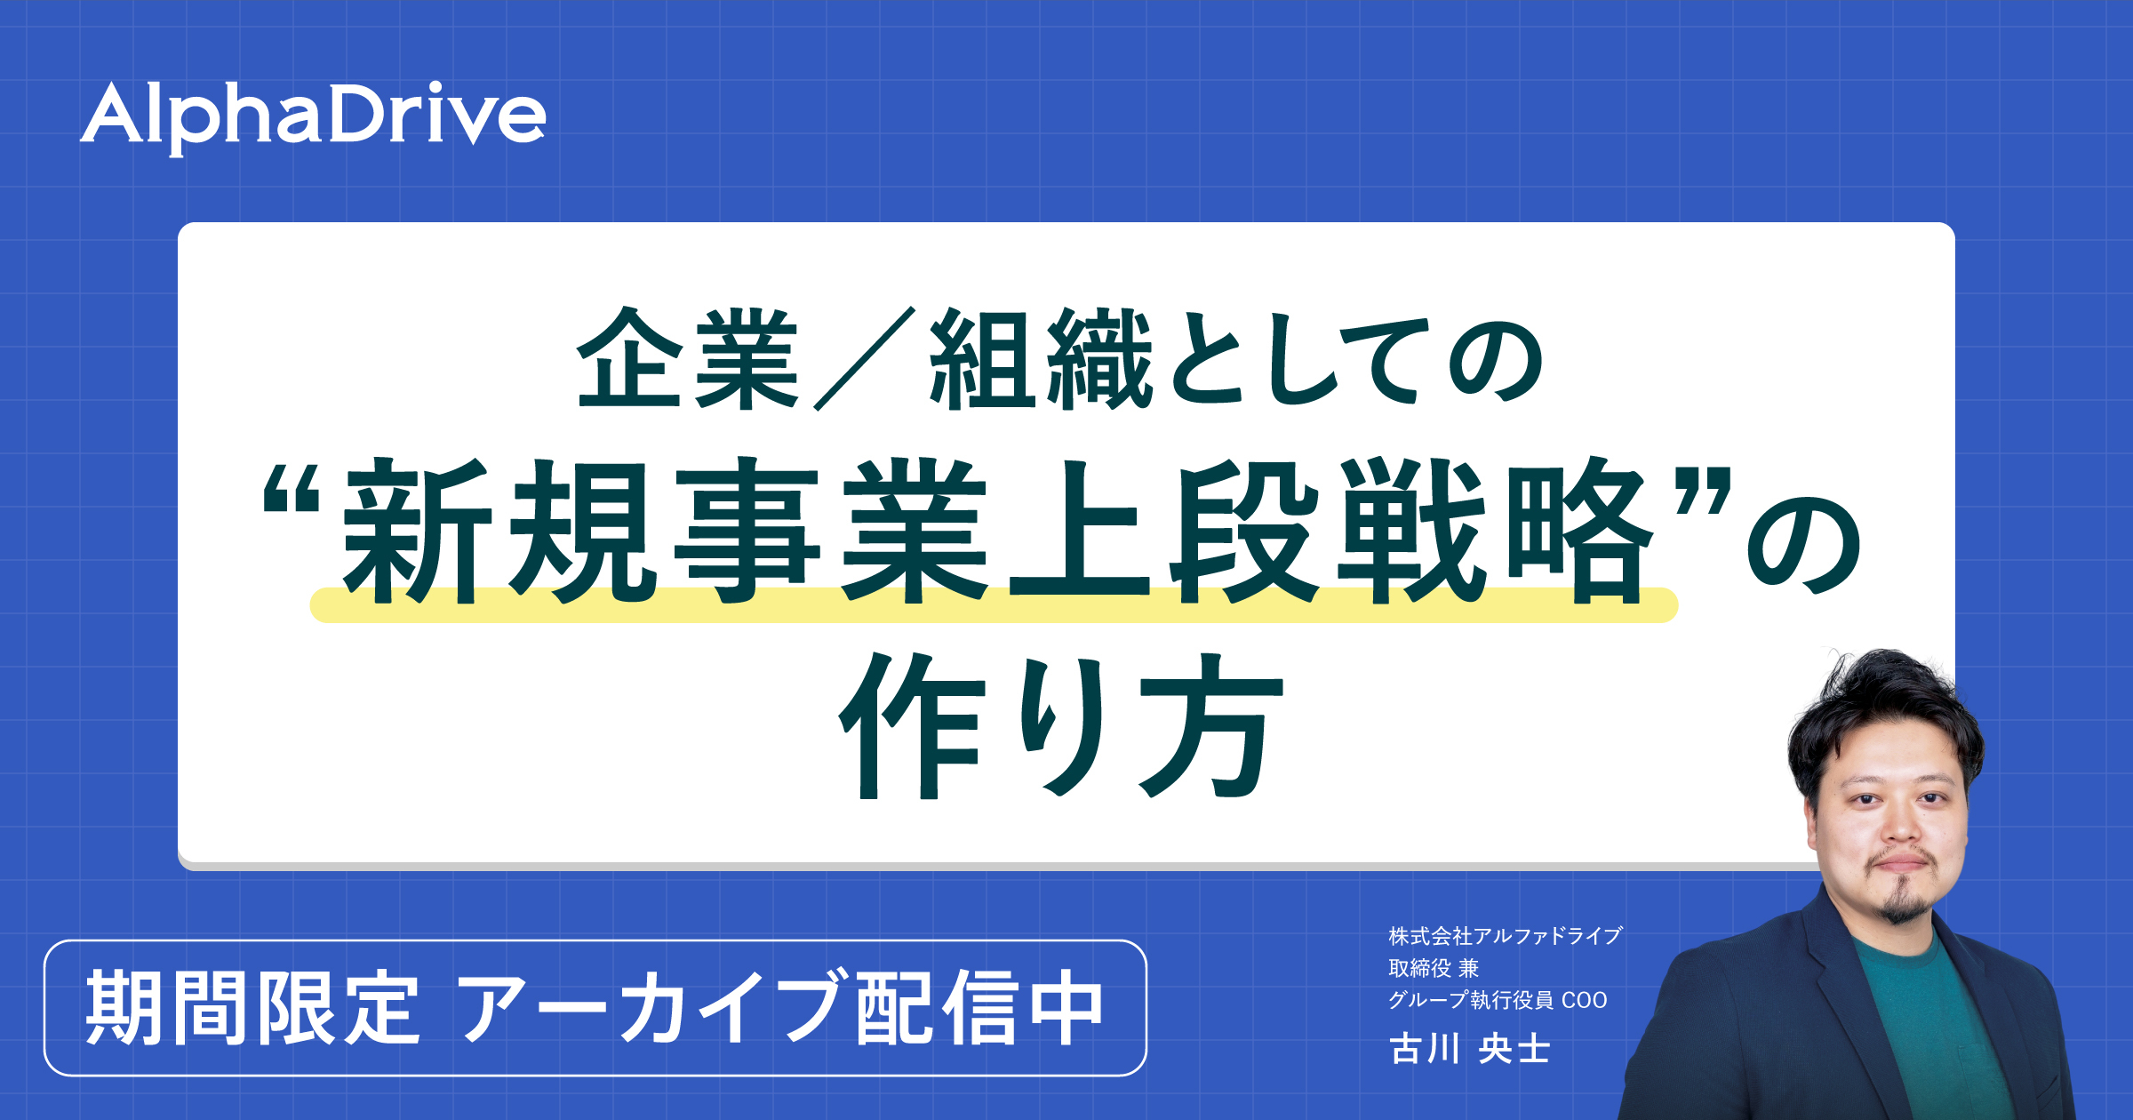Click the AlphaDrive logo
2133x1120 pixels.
click(x=313, y=117)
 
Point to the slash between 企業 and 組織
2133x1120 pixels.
click(x=865, y=359)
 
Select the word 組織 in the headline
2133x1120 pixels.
click(x=1041, y=359)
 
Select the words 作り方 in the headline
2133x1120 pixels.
click(x=1062, y=725)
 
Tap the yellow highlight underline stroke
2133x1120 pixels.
click(x=994, y=605)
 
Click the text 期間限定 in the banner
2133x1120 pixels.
click(x=252, y=1008)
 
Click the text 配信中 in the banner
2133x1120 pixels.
click(x=979, y=1008)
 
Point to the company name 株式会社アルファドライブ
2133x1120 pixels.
click(x=1506, y=936)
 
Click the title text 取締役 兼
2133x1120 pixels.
click(x=1434, y=968)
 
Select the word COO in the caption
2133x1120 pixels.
click(x=1585, y=1001)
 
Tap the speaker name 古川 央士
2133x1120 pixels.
click(x=1470, y=1049)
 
